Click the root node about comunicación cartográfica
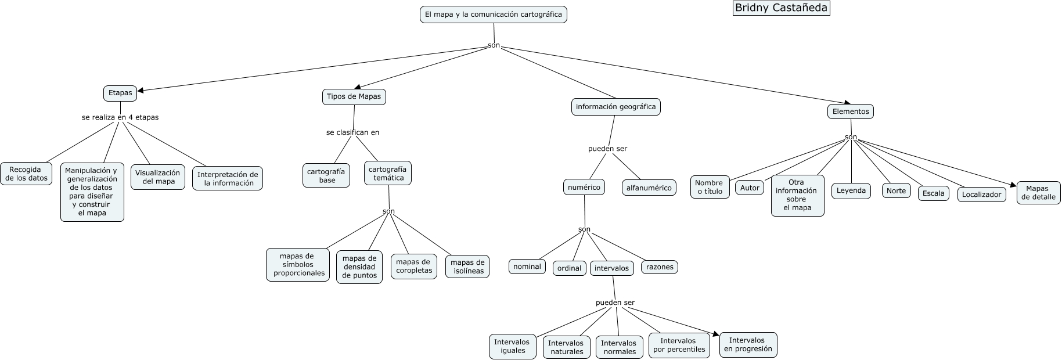(493, 15)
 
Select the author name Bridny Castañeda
(781, 8)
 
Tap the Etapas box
(120, 93)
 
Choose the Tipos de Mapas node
(354, 97)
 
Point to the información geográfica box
(615, 107)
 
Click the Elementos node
(850, 111)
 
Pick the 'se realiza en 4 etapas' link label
(120, 117)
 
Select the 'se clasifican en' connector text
(352, 132)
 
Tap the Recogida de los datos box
(26, 174)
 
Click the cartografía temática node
(388, 174)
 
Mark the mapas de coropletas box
(414, 267)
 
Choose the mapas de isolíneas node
(467, 267)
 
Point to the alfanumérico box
(649, 188)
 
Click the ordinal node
(569, 268)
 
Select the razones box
(660, 267)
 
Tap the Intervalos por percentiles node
(679, 345)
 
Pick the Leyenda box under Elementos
(851, 191)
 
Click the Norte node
(896, 191)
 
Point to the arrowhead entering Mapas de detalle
(1014, 185)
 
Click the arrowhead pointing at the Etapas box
(139, 90)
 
